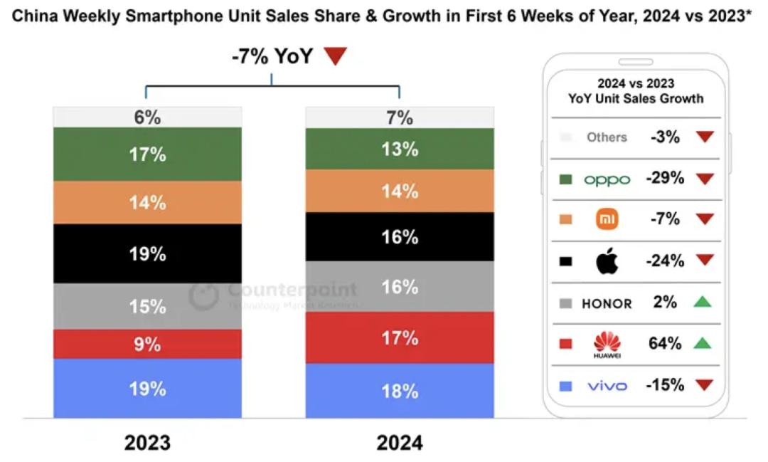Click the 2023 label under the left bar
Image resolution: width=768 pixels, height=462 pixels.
[x=147, y=443]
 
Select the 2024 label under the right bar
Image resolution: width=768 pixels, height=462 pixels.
[x=400, y=443]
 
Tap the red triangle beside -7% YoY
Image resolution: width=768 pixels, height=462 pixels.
[x=335, y=56]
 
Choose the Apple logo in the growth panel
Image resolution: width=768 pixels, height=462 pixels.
[x=607, y=261]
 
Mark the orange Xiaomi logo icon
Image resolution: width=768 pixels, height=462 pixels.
[x=607, y=219]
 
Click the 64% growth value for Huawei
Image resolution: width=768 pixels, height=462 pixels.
[x=665, y=344]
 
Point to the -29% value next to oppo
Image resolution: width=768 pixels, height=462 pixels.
[x=665, y=179]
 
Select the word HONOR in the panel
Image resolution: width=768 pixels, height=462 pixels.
[x=607, y=303]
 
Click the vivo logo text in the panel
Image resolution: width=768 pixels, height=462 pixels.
[x=607, y=386]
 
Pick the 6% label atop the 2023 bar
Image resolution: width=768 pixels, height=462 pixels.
[x=147, y=117]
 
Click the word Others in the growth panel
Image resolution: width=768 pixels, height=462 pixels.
[x=607, y=137]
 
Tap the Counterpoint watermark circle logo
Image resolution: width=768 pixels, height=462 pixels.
[x=204, y=295]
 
